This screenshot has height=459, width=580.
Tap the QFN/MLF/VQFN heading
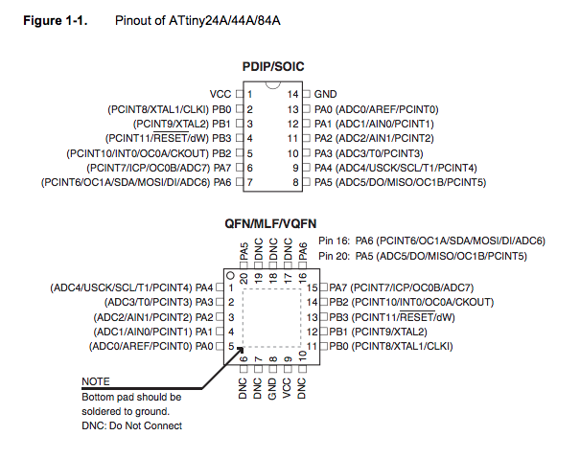pos(272,223)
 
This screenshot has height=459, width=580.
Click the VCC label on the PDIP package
pos(220,94)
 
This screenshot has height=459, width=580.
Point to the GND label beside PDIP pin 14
pos(325,94)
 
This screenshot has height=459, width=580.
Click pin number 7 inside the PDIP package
pos(249,181)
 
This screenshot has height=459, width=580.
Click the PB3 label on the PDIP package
pos(220,138)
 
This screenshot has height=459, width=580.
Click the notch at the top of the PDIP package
pos(273,89)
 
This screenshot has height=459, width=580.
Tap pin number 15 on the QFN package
pos(313,287)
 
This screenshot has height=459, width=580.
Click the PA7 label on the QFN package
pos(337,287)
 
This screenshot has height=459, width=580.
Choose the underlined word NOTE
pos(96,381)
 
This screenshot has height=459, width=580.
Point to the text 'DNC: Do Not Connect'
pos(131,425)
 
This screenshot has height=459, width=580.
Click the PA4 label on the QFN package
pos(204,287)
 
